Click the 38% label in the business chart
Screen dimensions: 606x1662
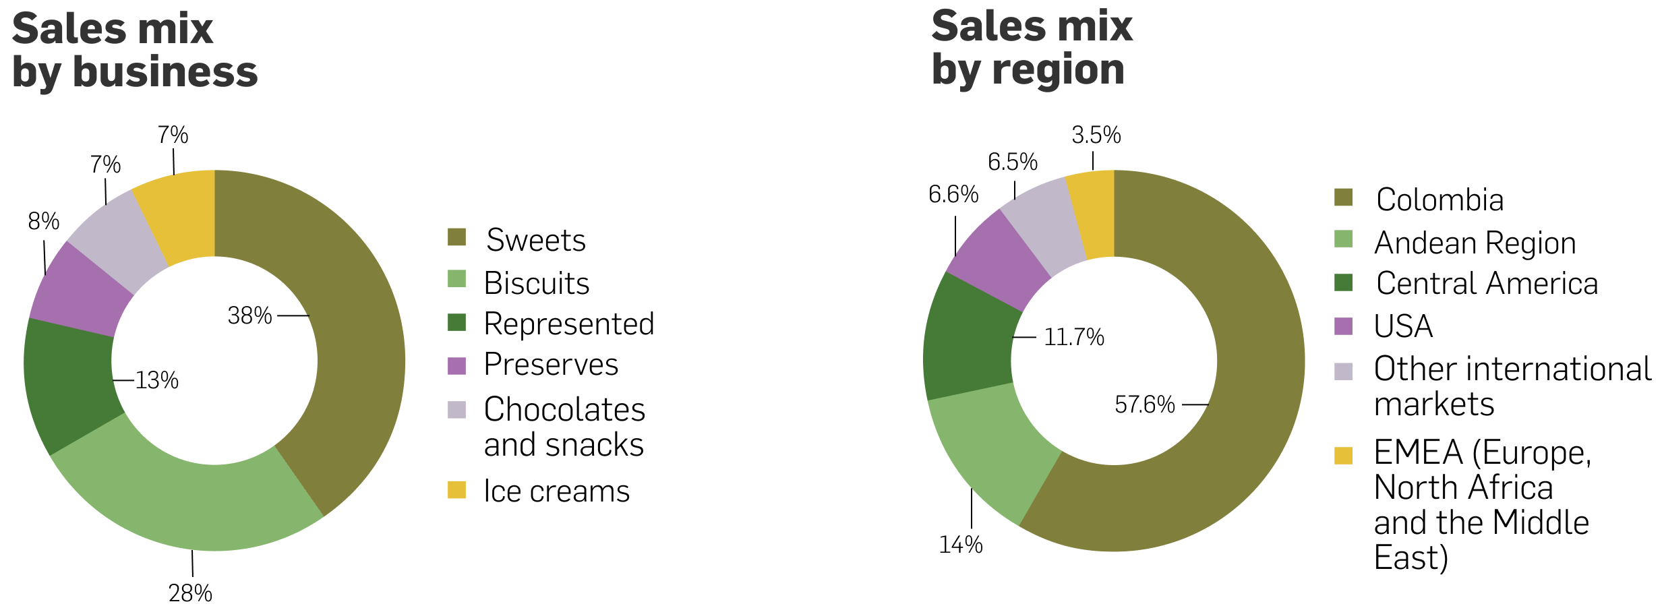[x=249, y=315]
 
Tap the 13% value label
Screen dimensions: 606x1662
[x=156, y=381]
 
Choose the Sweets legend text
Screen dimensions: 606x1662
[x=536, y=241]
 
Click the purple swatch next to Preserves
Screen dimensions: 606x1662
[x=456, y=365]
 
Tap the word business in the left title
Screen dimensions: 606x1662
[x=165, y=71]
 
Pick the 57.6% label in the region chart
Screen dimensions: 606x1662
[x=1144, y=404]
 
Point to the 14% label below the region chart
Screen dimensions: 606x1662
[x=961, y=545]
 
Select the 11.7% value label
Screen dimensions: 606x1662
[x=1073, y=337]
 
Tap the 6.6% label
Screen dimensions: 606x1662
[x=953, y=195]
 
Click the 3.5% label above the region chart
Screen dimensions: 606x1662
[x=1096, y=135]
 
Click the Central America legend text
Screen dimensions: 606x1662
[x=1487, y=284]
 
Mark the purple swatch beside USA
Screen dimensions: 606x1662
[x=1343, y=326]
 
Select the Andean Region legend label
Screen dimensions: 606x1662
[x=1475, y=243]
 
